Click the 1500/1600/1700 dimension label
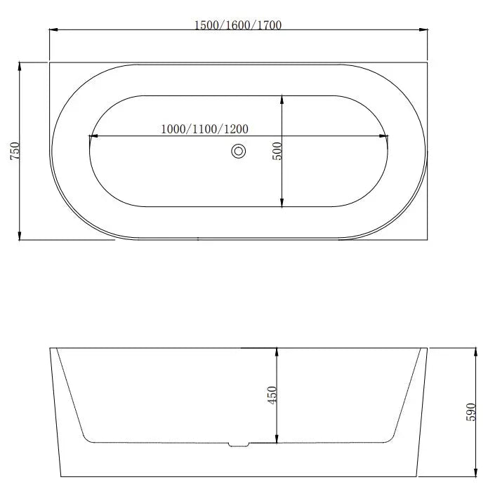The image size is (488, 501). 237,25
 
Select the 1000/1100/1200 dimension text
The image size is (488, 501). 204,129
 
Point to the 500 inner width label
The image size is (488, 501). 277,151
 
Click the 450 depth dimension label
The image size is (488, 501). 273,394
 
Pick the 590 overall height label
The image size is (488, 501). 471,412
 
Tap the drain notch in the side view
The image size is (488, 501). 239,443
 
